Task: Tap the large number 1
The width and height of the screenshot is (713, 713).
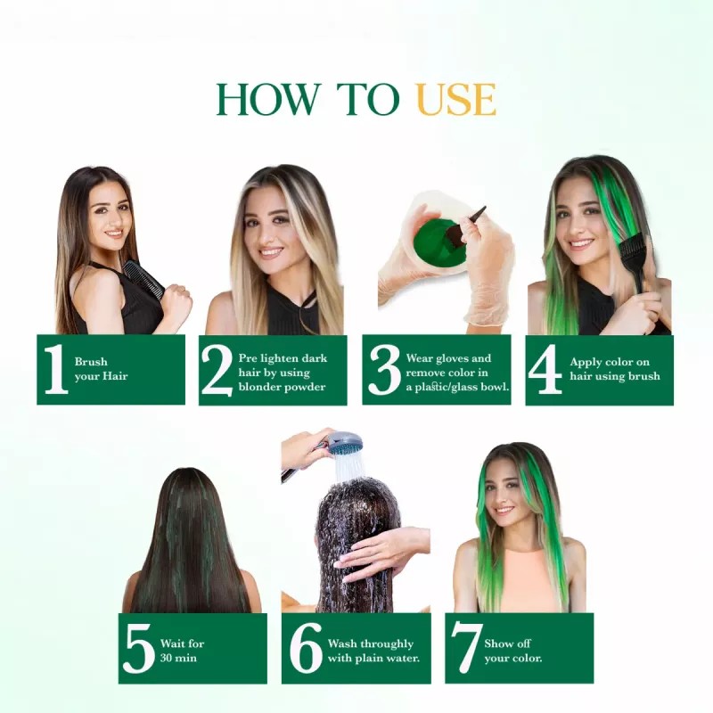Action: tap(55, 370)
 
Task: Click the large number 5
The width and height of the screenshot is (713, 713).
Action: tap(139, 649)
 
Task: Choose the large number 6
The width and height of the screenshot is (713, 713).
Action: tap(306, 649)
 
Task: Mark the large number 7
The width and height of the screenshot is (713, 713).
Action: tap(464, 649)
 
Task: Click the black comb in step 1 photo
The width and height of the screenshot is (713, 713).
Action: tap(143, 279)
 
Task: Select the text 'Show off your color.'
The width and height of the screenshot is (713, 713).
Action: tap(512, 651)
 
